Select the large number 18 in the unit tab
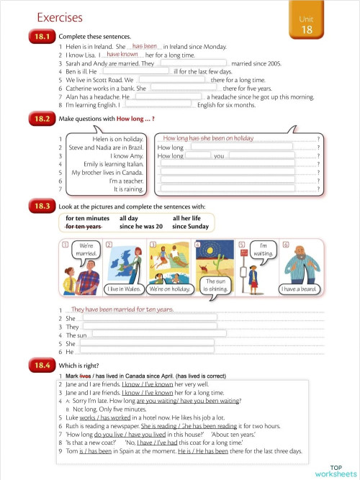(307, 30)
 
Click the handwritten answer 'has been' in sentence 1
(145, 45)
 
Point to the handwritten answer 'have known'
(122, 54)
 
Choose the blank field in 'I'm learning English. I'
(159, 105)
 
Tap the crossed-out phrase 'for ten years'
(84, 226)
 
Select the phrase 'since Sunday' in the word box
(190, 226)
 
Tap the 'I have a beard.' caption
(299, 289)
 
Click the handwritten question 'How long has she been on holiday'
(208, 138)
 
